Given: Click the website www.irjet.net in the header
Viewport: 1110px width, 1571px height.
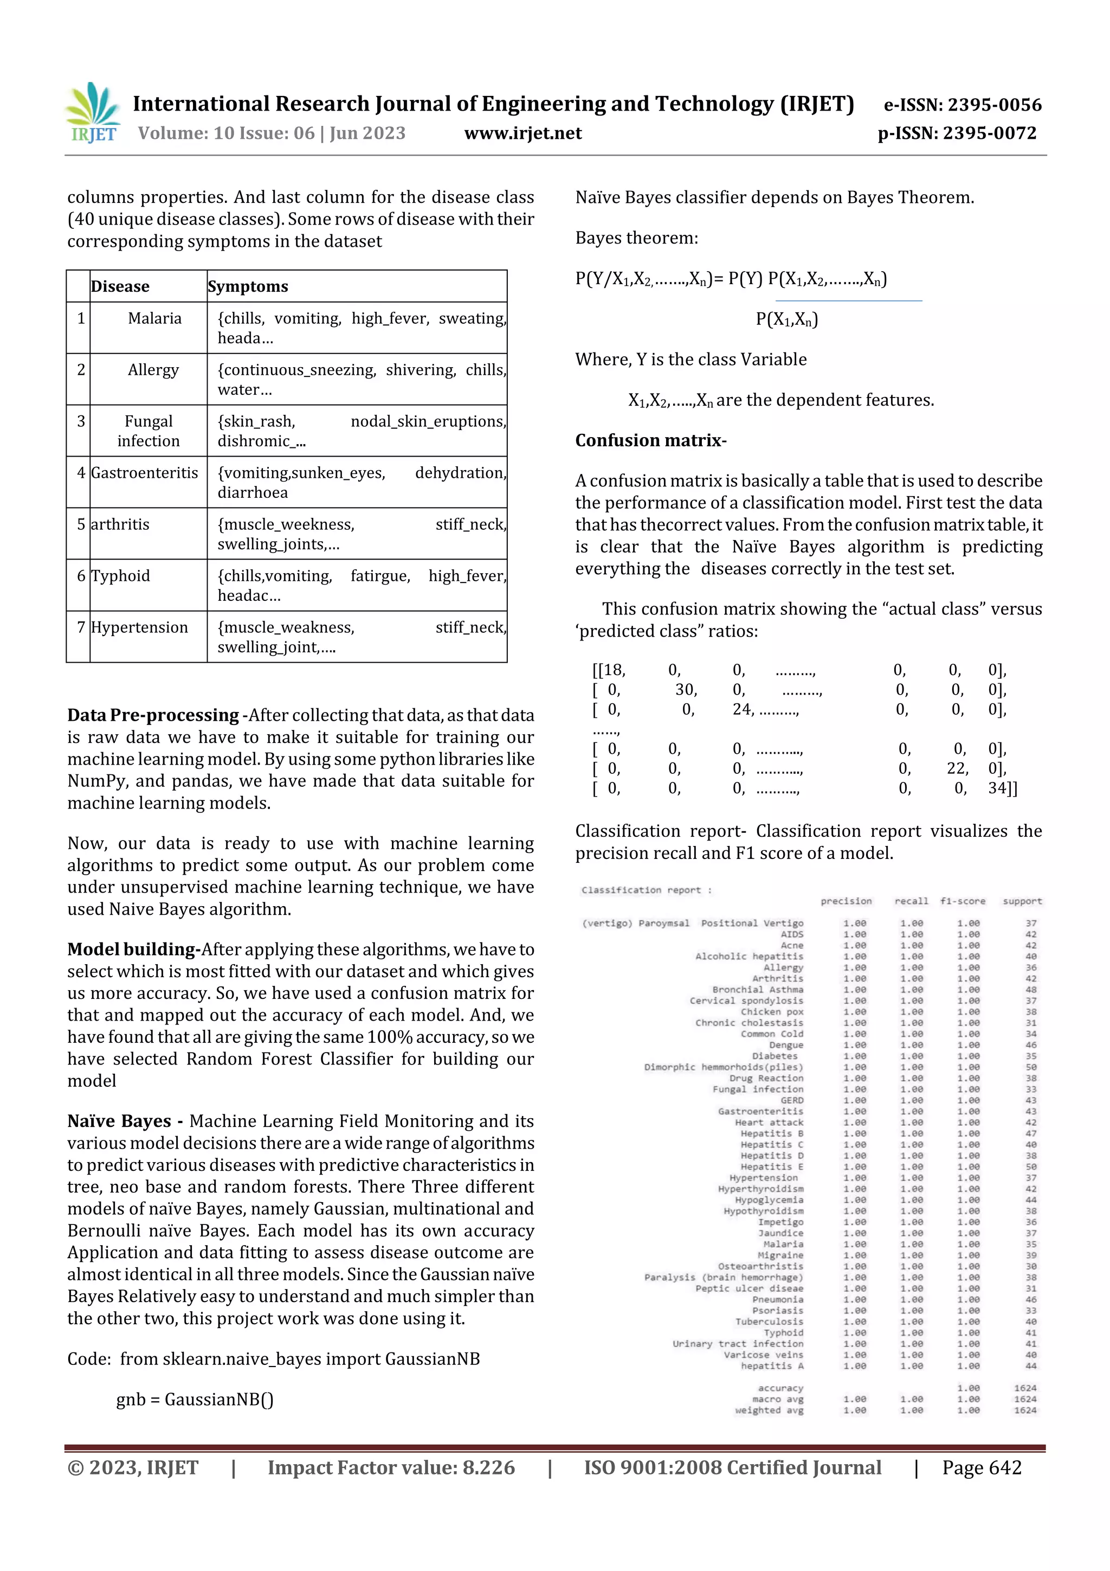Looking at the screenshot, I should coord(522,133).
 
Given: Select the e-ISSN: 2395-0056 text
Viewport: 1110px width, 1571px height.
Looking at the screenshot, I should coord(962,105).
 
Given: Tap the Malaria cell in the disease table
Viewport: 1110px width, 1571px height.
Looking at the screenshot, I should coord(154,318).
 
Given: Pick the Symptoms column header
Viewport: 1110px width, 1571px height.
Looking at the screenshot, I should coord(248,287).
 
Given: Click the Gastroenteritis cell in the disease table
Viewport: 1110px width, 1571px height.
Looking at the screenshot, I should coord(144,473).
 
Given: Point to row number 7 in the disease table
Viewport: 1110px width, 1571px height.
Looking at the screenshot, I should coord(81,627).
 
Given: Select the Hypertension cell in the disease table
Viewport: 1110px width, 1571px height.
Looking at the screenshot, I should coord(139,627).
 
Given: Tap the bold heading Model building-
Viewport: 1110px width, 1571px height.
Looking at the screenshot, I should coord(133,949).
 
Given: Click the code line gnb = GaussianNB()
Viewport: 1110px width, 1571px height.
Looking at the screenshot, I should coord(195,1399).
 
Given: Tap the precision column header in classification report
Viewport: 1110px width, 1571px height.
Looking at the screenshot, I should coord(846,901).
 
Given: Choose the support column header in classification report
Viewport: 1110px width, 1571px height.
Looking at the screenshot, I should coord(1022,901).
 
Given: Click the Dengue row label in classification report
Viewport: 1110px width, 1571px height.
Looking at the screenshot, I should coord(786,1045).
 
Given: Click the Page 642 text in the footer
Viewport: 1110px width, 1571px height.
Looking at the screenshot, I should coord(982,1467).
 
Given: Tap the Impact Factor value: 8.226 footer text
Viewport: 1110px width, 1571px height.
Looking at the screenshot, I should coord(391,1467).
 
